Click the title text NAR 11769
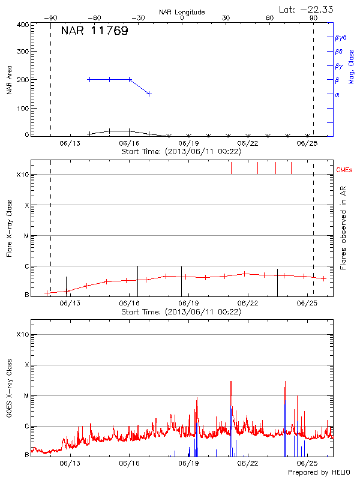click(94, 31)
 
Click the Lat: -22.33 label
click(307, 9)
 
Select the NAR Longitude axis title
click(182, 12)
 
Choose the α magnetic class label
click(337, 94)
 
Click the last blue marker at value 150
click(149, 94)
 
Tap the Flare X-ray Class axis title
click(10, 229)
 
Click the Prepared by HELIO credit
click(318, 472)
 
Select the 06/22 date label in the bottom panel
click(248, 463)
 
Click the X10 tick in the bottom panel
click(23, 334)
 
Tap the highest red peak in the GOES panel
click(230, 382)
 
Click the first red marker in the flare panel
click(47, 292)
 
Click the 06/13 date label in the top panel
click(70, 143)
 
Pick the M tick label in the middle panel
click(27, 236)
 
